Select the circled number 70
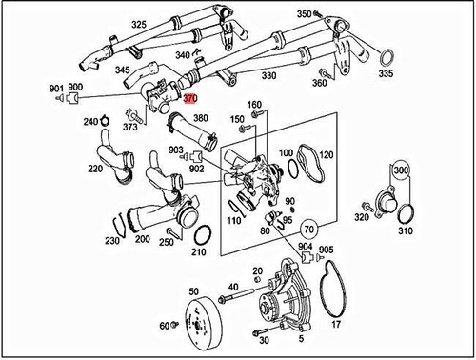coord(309,230)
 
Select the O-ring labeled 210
coord(202,235)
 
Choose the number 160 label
coord(255,105)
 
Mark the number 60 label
coord(165,326)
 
